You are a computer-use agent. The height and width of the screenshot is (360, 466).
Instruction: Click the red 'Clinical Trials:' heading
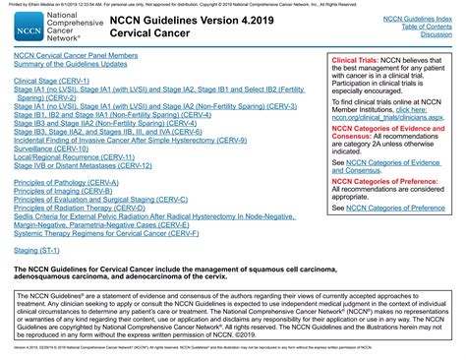pyautogui.click(x=360, y=61)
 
